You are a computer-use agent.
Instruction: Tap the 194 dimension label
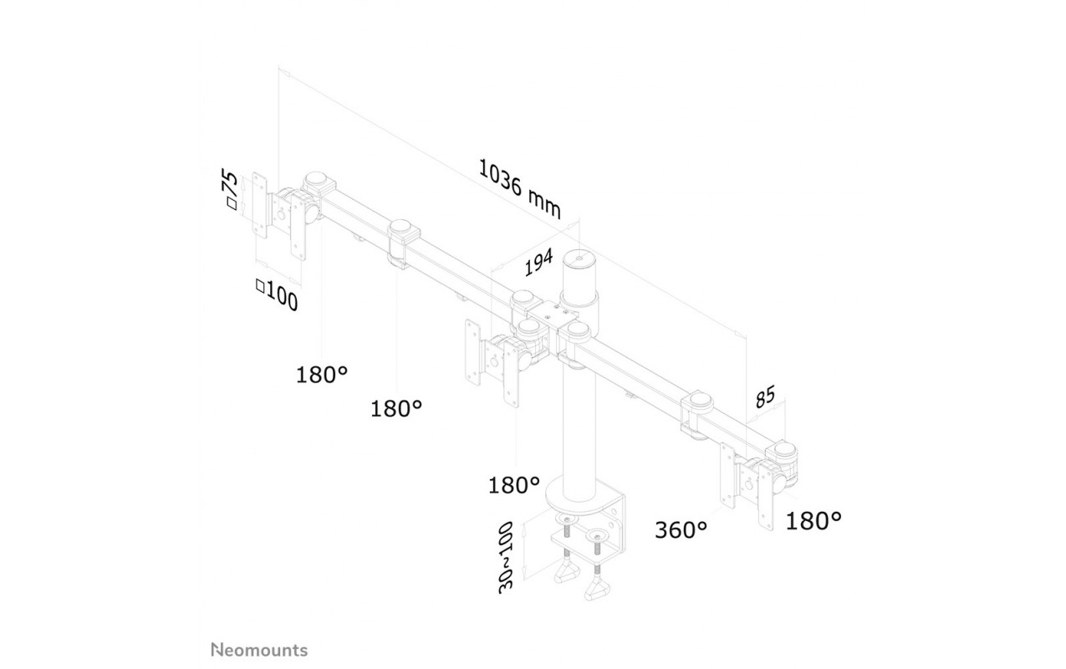(x=538, y=262)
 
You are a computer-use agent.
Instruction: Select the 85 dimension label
(x=765, y=396)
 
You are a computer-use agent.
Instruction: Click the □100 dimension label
(x=277, y=295)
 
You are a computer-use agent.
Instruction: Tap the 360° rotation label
(x=681, y=529)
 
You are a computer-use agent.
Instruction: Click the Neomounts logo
(x=259, y=650)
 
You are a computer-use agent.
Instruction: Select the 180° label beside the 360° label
(x=814, y=521)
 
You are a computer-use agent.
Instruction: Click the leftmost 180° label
(x=322, y=375)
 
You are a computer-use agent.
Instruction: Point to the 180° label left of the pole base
(x=514, y=485)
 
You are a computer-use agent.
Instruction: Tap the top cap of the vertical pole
(x=579, y=260)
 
